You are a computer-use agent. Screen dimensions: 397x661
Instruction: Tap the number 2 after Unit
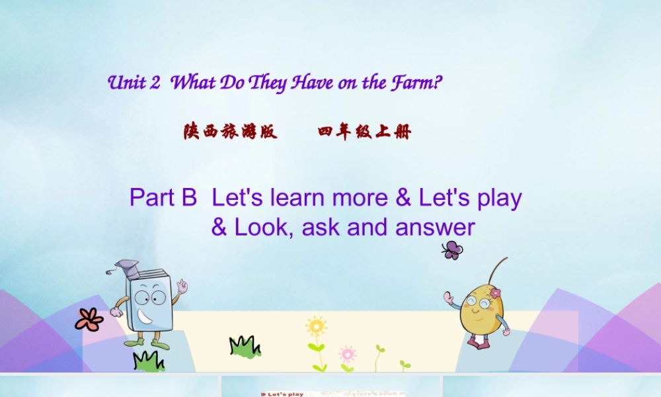(x=156, y=83)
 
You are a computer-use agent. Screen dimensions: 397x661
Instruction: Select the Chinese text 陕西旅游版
(x=230, y=132)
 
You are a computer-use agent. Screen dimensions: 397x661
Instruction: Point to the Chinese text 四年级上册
(x=364, y=132)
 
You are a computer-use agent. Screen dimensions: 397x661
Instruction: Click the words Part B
(x=163, y=197)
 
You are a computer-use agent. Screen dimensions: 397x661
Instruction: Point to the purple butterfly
(x=452, y=249)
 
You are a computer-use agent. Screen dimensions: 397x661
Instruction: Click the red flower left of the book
(x=89, y=320)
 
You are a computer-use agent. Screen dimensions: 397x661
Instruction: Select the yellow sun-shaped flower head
(x=317, y=326)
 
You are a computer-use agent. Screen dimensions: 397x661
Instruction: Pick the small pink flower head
(x=347, y=353)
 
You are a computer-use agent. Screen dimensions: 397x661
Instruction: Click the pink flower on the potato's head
(x=494, y=292)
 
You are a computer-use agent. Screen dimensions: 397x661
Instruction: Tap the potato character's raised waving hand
(x=449, y=298)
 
